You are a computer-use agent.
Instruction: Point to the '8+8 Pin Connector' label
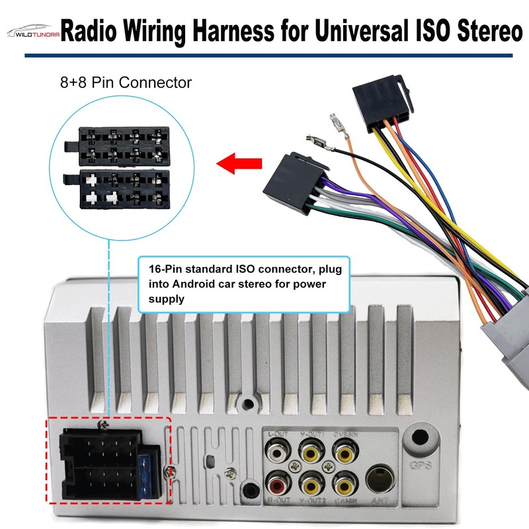tap(125, 83)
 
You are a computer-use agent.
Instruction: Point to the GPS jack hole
tap(421, 438)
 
